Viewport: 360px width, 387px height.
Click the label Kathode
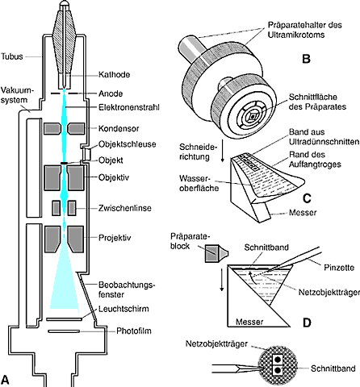[114, 74]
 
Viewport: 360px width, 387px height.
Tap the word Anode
[111, 94]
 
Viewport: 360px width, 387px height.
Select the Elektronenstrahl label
[129, 107]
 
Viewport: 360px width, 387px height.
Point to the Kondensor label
[119, 128]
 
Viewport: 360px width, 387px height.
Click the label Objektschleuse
[128, 144]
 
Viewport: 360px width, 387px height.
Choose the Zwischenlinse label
[125, 208]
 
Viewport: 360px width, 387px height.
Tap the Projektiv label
[115, 238]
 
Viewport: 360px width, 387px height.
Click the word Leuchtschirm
[123, 309]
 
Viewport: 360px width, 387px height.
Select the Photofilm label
[134, 331]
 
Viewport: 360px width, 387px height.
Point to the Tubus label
[12, 56]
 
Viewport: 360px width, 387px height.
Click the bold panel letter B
[306, 59]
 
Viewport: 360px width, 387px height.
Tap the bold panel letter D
[307, 322]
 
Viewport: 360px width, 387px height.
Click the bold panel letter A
[5, 381]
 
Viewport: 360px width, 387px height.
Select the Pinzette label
[339, 268]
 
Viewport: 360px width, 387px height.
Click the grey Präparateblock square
[211, 253]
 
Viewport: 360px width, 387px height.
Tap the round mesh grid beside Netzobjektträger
[278, 366]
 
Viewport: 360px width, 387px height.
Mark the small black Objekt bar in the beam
[65, 163]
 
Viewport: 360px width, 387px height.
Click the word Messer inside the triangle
[249, 322]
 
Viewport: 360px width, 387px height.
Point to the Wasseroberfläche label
[199, 183]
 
